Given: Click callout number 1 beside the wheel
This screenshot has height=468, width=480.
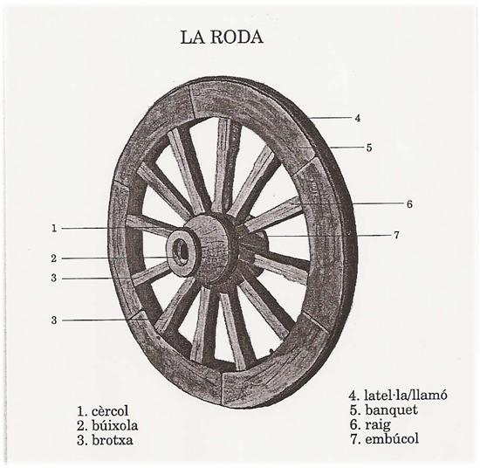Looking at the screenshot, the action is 54,228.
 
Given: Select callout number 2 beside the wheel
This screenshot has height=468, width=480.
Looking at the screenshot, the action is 54,258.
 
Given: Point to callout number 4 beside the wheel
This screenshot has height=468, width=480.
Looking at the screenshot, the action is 358,118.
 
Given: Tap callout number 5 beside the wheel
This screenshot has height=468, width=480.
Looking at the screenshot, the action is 369,148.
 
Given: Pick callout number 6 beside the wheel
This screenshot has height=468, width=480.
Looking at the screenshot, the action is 409,204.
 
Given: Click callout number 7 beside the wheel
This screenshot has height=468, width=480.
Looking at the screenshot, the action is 396,235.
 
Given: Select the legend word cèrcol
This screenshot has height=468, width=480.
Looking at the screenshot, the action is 110,411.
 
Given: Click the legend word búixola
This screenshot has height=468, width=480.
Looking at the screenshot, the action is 114,426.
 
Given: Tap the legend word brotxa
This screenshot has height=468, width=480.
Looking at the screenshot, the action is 112,440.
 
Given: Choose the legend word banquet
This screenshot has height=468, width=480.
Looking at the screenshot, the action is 391,409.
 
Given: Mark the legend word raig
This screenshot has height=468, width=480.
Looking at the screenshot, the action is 378,425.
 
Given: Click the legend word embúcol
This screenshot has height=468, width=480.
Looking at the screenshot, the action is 392,439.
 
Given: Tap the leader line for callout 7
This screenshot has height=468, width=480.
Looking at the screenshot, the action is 329,236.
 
